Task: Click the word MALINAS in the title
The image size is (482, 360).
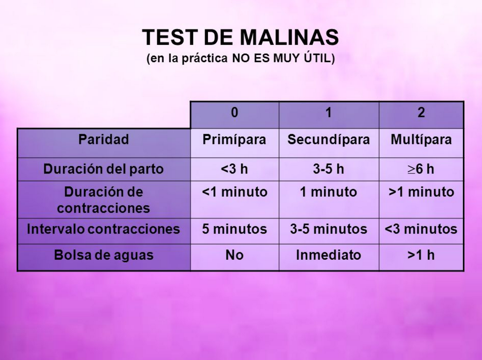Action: point(289,37)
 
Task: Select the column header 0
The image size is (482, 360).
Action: point(234,112)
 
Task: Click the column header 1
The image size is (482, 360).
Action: point(329,112)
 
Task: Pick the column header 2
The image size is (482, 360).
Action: point(421,112)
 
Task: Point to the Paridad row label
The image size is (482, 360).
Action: point(103,139)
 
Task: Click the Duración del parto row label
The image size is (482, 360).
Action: point(103,169)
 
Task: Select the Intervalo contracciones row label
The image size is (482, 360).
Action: point(103,229)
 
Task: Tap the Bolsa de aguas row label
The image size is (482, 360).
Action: point(103,255)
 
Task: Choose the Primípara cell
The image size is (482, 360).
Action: point(234,139)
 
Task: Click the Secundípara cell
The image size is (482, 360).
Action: point(329,139)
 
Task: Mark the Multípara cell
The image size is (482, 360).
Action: point(421,139)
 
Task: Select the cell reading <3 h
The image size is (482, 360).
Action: point(234,169)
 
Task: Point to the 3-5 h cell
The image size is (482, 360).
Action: point(329,169)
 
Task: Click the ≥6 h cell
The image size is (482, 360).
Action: point(421,169)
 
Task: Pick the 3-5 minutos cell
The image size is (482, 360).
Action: point(329,229)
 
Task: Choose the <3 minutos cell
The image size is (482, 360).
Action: point(421,229)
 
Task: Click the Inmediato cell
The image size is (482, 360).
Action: point(329,255)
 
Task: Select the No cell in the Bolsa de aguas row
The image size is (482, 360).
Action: point(234,255)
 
